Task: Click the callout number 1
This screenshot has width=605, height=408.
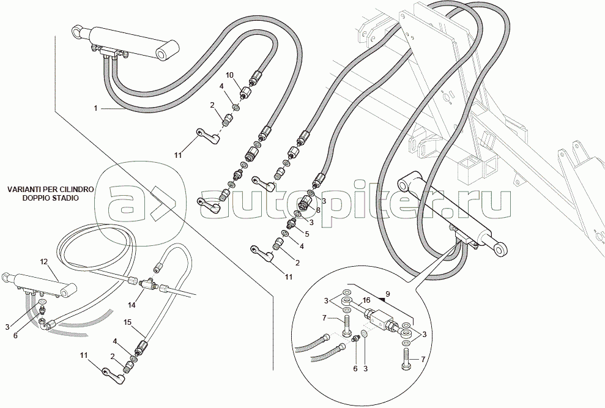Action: [x=95, y=108]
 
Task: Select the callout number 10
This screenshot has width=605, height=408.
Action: [x=230, y=75]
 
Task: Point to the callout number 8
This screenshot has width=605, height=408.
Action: [x=318, y=209]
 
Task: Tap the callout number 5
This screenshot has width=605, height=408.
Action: [x=306, y=233]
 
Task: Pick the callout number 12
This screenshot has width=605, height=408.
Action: [x=43, y=262]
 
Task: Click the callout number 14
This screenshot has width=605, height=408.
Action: [x=132, y=304]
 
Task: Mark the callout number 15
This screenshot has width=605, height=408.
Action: [x=128, y=322]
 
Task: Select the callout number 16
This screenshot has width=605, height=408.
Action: [x=366, y=301]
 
